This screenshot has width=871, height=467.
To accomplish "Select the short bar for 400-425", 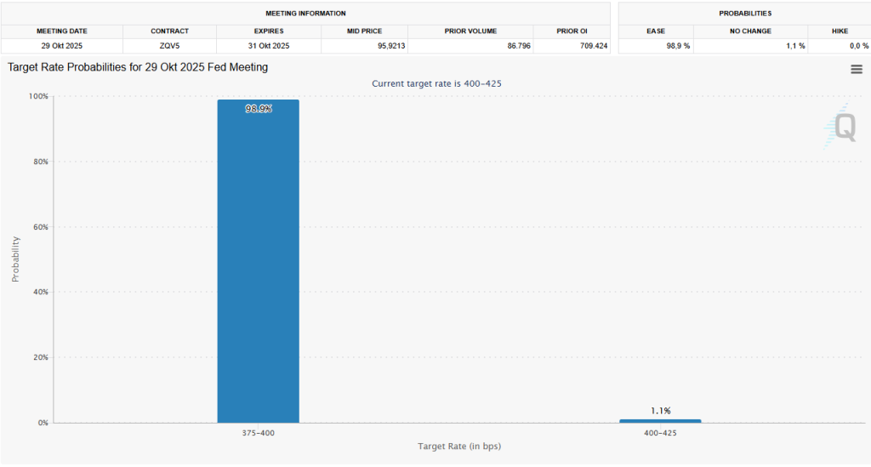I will (660, 420).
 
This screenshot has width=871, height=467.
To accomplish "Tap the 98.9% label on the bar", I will (259, 109).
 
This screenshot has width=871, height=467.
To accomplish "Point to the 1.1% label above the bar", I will (661, 411).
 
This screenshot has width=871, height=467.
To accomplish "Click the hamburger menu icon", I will (857, 70).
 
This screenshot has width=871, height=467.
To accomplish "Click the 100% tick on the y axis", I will (39, 96).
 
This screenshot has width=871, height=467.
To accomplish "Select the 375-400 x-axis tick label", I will (258, 433).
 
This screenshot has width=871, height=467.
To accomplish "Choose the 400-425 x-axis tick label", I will (661, 433).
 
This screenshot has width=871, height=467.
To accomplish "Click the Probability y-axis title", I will (15, 259).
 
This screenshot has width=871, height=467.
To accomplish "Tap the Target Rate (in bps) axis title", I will (459, 447).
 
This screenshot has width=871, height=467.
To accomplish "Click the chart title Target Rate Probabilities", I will (138, 67).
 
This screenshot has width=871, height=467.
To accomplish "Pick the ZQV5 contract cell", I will (169, 46).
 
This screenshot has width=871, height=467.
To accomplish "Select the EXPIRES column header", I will (270, 31).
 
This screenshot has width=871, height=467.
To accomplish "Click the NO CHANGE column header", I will (750, 31).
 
